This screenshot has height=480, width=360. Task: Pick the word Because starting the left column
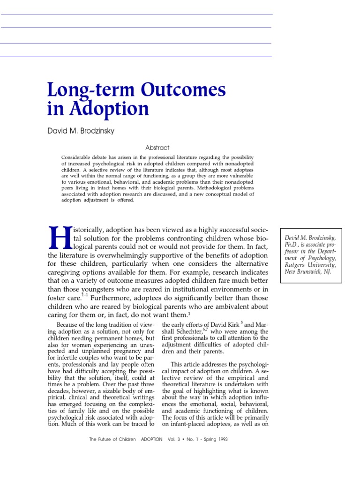(x=67, y=324)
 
